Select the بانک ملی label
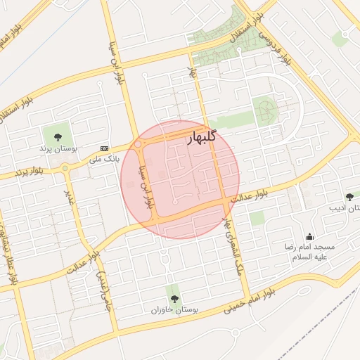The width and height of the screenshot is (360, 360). [x=104, y=160]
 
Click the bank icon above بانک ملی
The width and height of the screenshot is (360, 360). [x=105, y=148]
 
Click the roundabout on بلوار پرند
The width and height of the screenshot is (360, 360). [x=66, y=168]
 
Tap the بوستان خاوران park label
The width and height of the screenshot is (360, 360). [x=174, y=309]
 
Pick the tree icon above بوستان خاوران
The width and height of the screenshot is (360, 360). [x=174, y=298]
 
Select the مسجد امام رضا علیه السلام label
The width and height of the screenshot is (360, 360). [x=309, y=252]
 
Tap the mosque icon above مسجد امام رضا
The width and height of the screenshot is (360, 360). [x=309, y=236]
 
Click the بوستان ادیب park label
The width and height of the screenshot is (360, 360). [x=344, y=209]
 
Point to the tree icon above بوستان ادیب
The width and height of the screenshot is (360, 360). [x=349, y=196]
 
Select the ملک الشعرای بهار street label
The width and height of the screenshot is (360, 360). [x=233, y=242]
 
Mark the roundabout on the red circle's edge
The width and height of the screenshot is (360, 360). [x=139, y=144]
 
